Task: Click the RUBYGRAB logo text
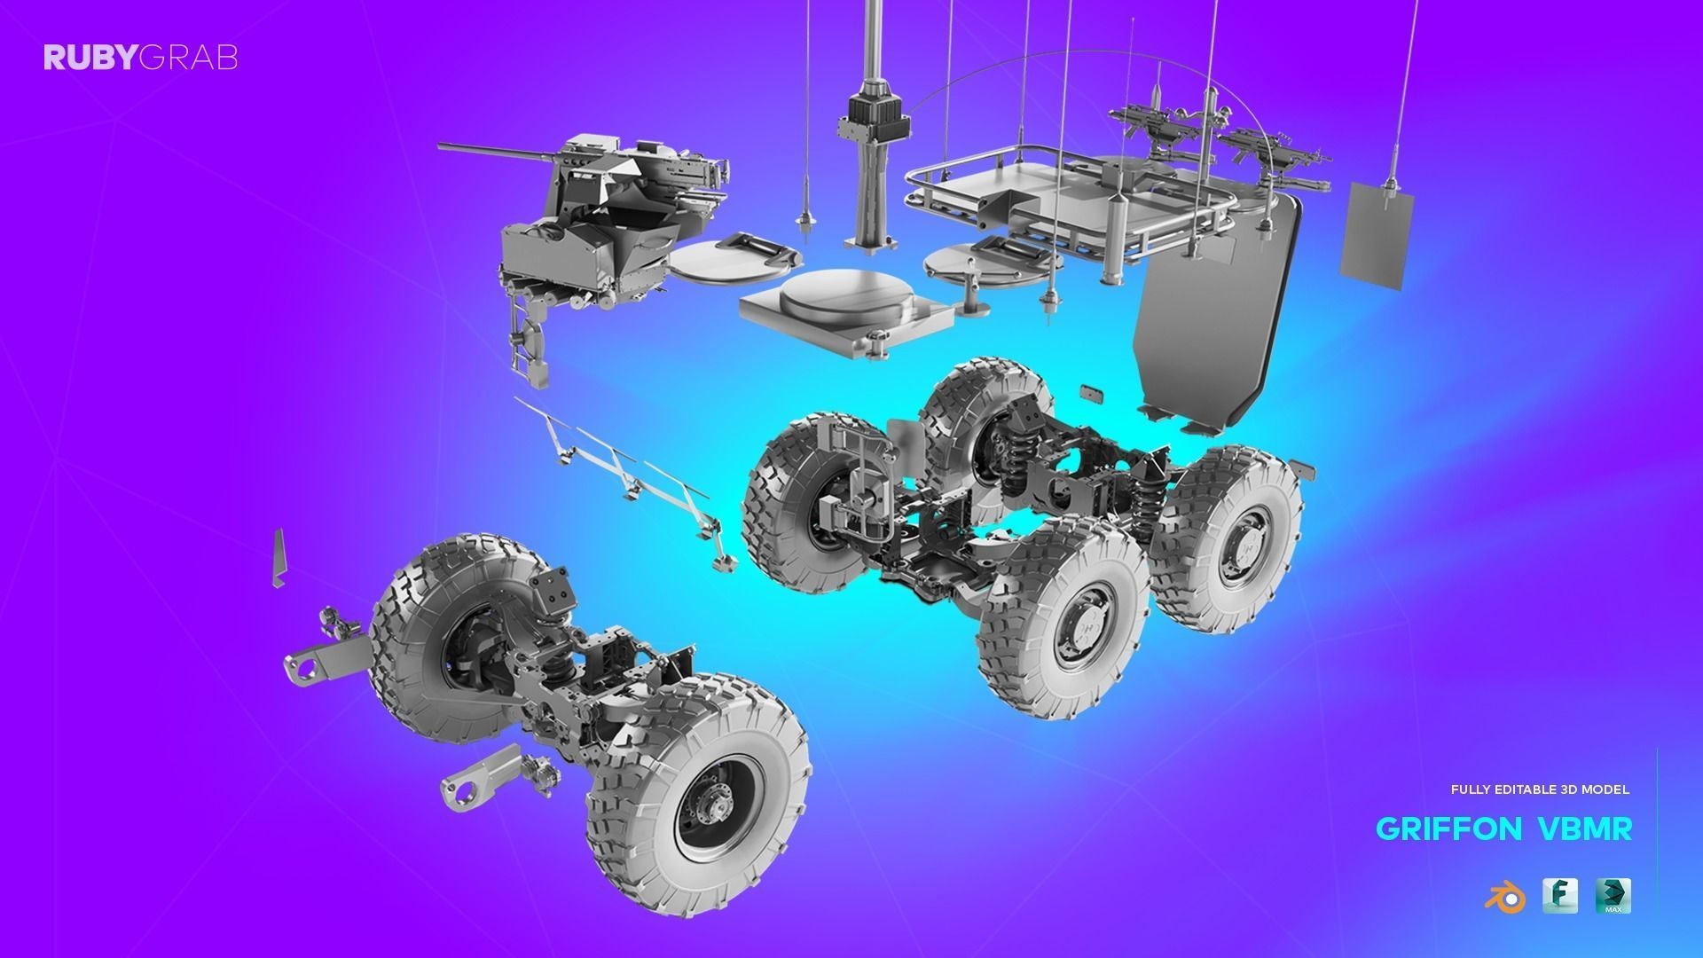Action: pyautogui.click(x=140, y=59)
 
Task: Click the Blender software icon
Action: pyautogui.click(x=1504, y=898)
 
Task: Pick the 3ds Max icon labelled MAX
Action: pyautogui.click(x=1613, y=896)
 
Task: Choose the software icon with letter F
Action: pyautogui.click(x=1559, y=896)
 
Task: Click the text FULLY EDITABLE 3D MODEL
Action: pyautogui.click(x=1540, y=789)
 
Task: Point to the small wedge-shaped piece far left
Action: pyautogui.click(x=279, y=559)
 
